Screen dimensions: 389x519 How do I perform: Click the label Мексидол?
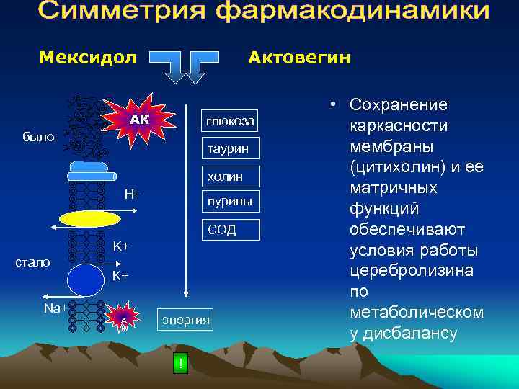pos(87,57)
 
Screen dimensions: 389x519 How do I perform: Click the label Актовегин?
pos(299,57)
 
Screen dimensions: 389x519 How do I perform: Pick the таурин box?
pos(229,148)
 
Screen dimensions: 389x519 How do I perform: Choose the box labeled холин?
pos(229,176)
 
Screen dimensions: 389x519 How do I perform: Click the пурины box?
pos(229,202)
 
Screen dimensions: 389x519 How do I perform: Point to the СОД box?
pos(222,230)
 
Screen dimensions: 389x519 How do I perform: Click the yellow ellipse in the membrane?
pos(90,218)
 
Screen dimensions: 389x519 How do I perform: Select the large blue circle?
pos(86,277)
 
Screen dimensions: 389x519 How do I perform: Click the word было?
pos(38,136)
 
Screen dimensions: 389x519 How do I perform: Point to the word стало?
pos(32,262)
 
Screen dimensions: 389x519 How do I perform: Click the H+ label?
pos(133,194)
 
